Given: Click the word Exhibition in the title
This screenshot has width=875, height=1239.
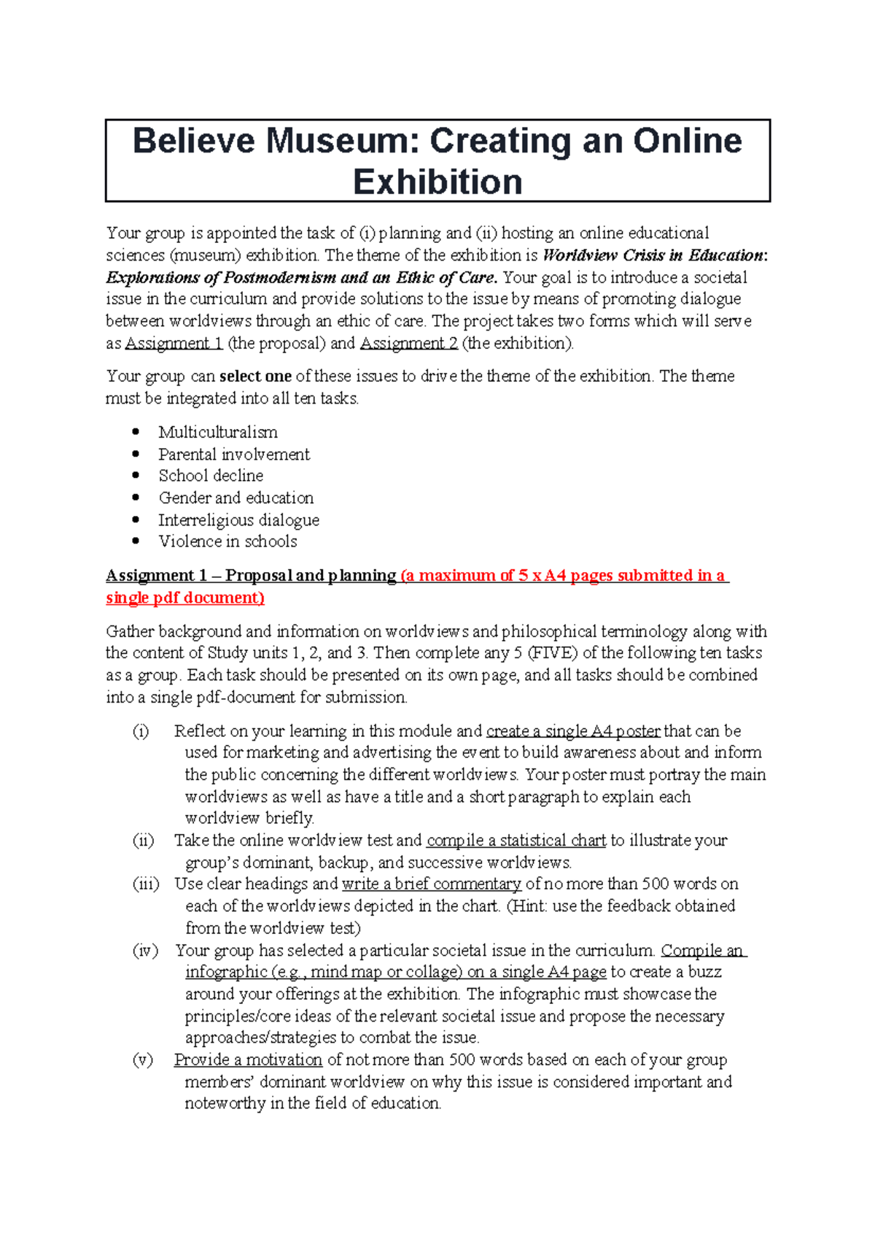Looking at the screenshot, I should (437, 182).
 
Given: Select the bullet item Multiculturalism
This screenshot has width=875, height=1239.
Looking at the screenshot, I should (218, 432).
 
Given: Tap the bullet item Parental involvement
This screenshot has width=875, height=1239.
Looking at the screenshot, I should (234, 454).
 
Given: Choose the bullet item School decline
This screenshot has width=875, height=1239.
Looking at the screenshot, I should (211, 476).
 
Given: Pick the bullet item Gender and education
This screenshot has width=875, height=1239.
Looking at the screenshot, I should (236, 498).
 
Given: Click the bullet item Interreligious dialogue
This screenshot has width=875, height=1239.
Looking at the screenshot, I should (238, 520).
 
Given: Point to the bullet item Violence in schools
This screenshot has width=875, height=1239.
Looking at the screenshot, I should (227, 541).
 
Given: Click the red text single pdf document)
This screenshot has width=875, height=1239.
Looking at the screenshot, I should (185, 598).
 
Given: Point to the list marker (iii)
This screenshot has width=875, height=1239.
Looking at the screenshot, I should (146, 884).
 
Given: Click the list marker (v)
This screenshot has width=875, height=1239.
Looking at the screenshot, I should (143, 1060).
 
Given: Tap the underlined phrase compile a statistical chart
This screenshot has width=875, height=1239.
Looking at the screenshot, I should (516, 841).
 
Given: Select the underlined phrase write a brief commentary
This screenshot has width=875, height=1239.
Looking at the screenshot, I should (432, 884).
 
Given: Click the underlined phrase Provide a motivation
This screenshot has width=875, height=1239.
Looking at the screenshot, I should (248, 1060).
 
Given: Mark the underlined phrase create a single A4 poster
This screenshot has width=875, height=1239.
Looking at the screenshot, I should (573, 731).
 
